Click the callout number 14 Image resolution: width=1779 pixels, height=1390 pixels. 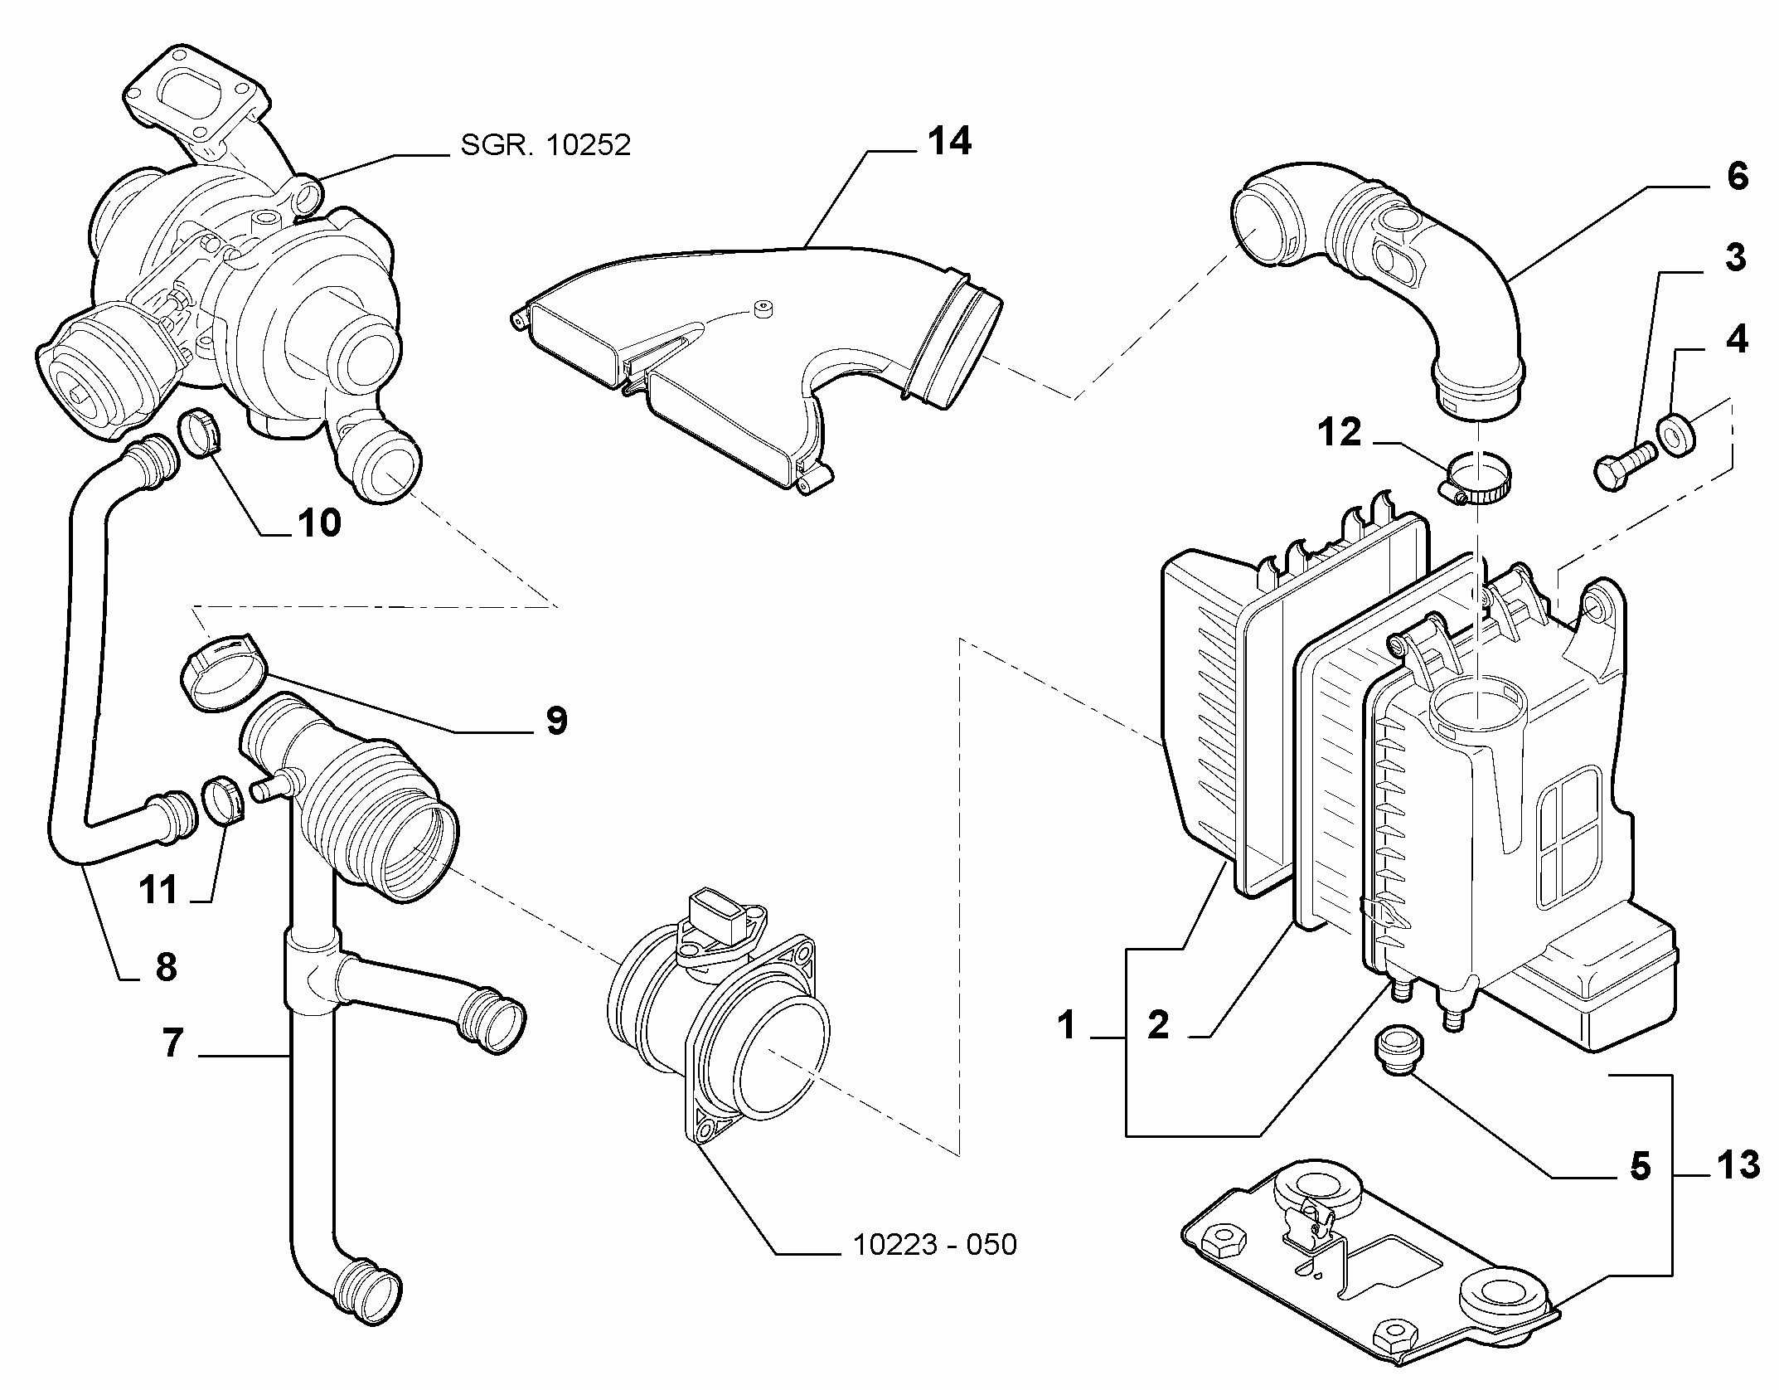tap(949, 142)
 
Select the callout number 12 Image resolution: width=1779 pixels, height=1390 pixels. tap(1340, 433)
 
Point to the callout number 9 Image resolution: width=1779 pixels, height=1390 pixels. tap(556, 721)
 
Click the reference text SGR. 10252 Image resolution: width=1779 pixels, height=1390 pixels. tap(545, 145)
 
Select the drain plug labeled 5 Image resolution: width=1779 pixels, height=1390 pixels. tap(1398, 1052)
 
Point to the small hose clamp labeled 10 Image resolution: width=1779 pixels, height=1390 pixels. tap(201, 432)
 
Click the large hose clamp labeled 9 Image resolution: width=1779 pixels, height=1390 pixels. tap(222, 669)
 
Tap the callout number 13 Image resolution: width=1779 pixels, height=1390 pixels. tap(1737, 1165)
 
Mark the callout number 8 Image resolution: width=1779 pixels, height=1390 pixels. tap(166, 967)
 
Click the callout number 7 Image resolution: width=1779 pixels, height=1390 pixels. tap(172, 1042)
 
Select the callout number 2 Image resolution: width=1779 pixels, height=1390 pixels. tap(1158, 1025)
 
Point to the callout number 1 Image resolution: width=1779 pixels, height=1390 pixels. tap(1067, 1026)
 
